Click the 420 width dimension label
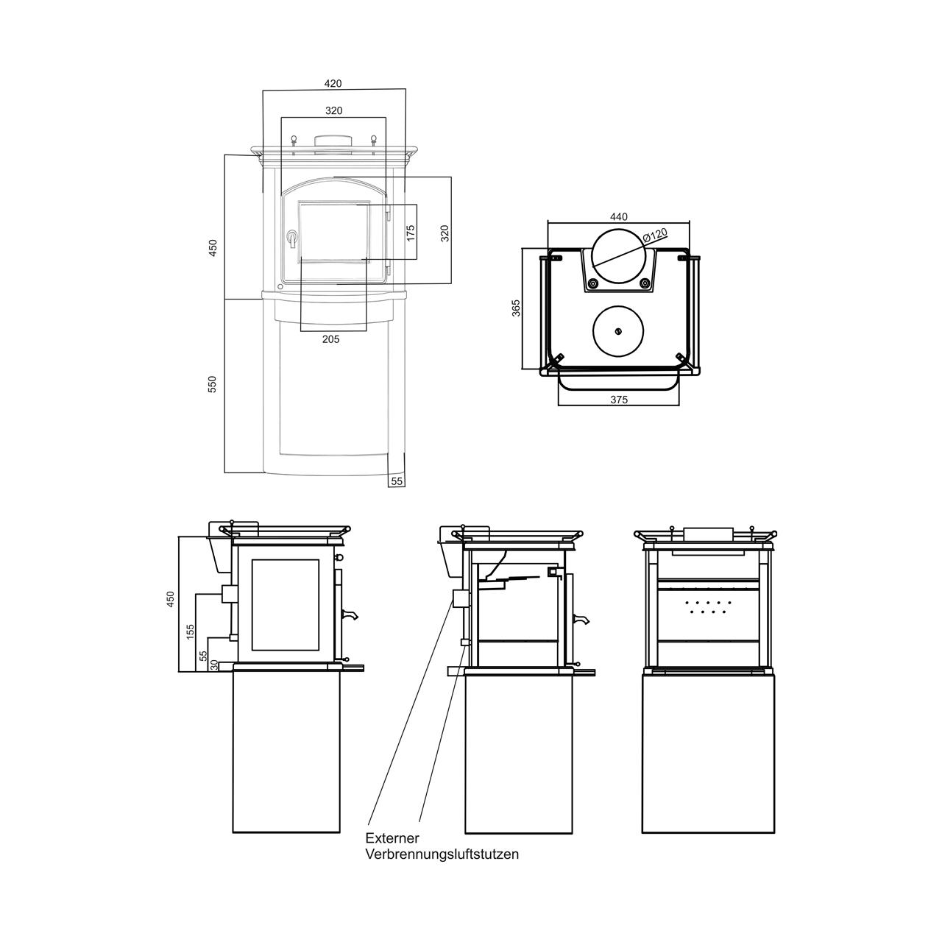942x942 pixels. coord(333,84)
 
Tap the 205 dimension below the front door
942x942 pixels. coord(331,339)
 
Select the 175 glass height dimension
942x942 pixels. coord(411,233)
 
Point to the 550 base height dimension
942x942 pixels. coord(212,384)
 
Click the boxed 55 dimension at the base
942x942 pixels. coord(397,481)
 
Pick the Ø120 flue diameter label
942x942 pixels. coord(654,235)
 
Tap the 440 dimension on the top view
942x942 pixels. coord(619,216)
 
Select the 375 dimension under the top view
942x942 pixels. coord(619,400)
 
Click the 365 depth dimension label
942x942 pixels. coord(516,308)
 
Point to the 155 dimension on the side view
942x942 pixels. coord(191,631)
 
